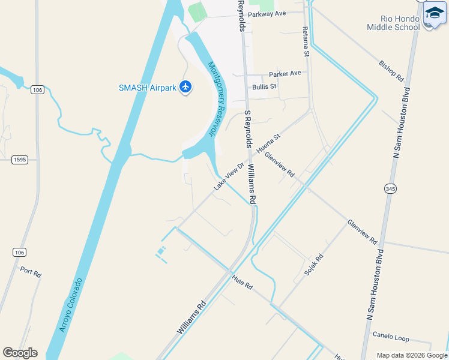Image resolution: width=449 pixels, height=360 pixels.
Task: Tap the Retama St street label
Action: (306, 41)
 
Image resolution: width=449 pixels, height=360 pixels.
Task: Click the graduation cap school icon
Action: (435, 13)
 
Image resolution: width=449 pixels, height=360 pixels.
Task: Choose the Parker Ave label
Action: (285, 74)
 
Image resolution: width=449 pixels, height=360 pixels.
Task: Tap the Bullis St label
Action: (264, 86)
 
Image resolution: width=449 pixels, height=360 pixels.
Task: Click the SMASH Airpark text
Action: (147, 88)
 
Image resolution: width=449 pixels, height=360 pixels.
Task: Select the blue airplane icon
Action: (185, 88)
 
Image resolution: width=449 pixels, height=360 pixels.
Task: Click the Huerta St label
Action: (268, 144)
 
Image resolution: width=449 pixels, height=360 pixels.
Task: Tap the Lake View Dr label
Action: (229, 176)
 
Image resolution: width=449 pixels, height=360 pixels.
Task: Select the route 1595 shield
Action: (20, 160)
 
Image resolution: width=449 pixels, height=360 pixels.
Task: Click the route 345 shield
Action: (391, 188)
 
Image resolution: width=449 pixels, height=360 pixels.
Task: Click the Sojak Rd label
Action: (313, 265)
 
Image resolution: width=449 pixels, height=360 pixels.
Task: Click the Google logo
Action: (20, 353)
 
